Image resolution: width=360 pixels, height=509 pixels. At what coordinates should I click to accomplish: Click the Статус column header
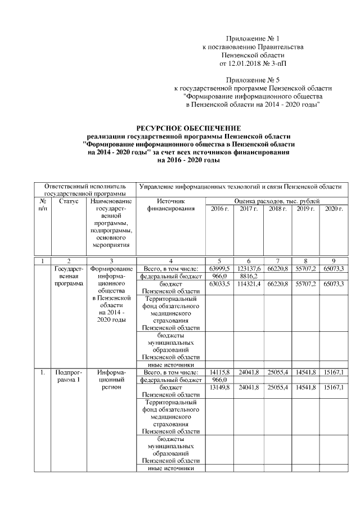click(68, 201)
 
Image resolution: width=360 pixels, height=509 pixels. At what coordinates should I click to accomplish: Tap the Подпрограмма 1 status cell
click(68, 376)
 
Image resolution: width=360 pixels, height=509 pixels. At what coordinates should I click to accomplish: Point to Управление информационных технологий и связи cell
click(240, 186)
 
